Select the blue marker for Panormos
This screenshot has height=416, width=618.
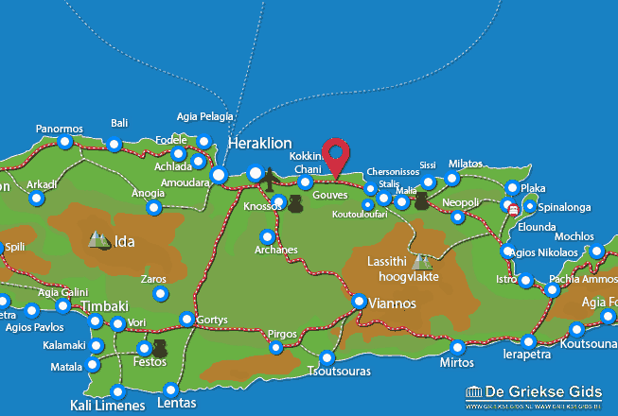click(x=64, y=143)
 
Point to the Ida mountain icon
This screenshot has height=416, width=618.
click(x=98, y=240)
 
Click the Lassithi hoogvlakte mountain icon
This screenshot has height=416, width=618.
click(x=421, y=261)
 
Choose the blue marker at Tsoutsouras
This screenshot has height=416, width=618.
click(x=327, y=358)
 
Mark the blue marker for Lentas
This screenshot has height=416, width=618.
click(x=170, y=390)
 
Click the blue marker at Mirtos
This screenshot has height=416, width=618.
click(x=458, y=347)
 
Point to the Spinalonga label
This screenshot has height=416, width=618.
click(x=569, y=205)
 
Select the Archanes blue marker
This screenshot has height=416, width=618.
click(x=268, y=236)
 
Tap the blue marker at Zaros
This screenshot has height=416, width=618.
click(x=159, y=294)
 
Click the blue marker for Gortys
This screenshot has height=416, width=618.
click(x=187, y=320)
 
